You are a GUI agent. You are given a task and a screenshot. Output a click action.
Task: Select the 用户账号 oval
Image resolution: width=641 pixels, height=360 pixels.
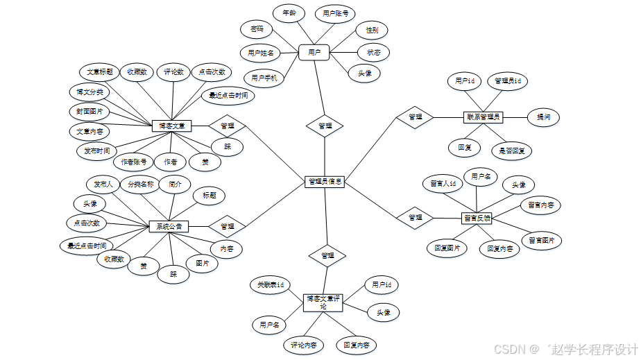336,12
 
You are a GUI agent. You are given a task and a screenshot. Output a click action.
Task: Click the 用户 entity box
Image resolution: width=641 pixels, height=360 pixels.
314,52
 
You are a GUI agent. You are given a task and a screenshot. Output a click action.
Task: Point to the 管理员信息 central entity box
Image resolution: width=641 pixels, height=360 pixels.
325,181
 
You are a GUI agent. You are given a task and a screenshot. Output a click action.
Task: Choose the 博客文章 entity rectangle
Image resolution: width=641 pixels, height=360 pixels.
171,126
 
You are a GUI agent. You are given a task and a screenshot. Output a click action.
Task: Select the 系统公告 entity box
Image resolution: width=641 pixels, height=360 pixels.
169,226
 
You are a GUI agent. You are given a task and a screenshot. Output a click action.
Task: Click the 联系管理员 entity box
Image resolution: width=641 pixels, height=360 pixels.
483,117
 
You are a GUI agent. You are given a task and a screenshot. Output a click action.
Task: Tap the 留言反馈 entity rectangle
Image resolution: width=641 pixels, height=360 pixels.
477,218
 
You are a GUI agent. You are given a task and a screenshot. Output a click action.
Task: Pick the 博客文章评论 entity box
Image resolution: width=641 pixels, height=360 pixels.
324,302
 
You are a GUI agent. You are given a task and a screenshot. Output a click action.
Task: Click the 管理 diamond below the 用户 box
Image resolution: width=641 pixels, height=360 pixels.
325,126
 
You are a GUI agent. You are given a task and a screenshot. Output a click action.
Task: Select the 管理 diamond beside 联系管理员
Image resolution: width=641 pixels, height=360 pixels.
415,117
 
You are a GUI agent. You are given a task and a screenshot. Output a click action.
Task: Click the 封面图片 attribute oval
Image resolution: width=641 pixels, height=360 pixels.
89,111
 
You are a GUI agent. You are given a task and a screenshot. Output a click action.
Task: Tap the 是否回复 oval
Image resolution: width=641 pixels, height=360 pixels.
511,150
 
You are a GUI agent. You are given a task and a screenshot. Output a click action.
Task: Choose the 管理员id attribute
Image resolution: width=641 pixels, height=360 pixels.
507,82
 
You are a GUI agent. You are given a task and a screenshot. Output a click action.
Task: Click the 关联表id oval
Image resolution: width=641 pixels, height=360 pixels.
271,284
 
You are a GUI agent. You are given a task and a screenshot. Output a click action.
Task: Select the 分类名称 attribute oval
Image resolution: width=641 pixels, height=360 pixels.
140,185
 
